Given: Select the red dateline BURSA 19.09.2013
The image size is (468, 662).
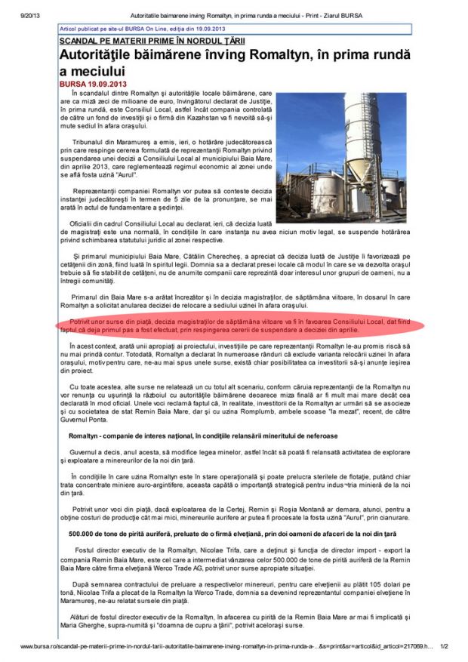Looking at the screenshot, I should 94,83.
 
